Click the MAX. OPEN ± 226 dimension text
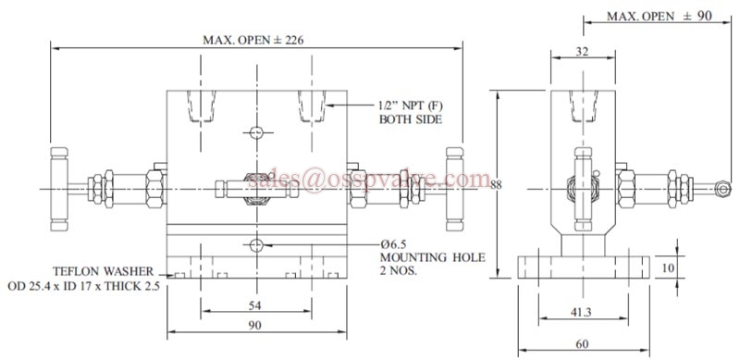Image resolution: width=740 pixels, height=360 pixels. pos(253,40)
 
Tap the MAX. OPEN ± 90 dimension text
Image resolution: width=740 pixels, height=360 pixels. pos(660,16)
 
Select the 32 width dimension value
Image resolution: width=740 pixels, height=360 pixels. pos(583,52)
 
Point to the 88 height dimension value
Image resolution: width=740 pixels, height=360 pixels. pos(496,185)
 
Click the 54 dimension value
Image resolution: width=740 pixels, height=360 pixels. pos(255,305)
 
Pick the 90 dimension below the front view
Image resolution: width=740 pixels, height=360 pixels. pos(255,326)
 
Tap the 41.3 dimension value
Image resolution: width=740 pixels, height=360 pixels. pos(583,312)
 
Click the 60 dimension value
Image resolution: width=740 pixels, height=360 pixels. pos(583,344)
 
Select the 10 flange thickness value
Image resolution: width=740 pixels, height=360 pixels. pos(668,267)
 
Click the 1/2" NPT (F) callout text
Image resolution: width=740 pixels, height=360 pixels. pos(412,106)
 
